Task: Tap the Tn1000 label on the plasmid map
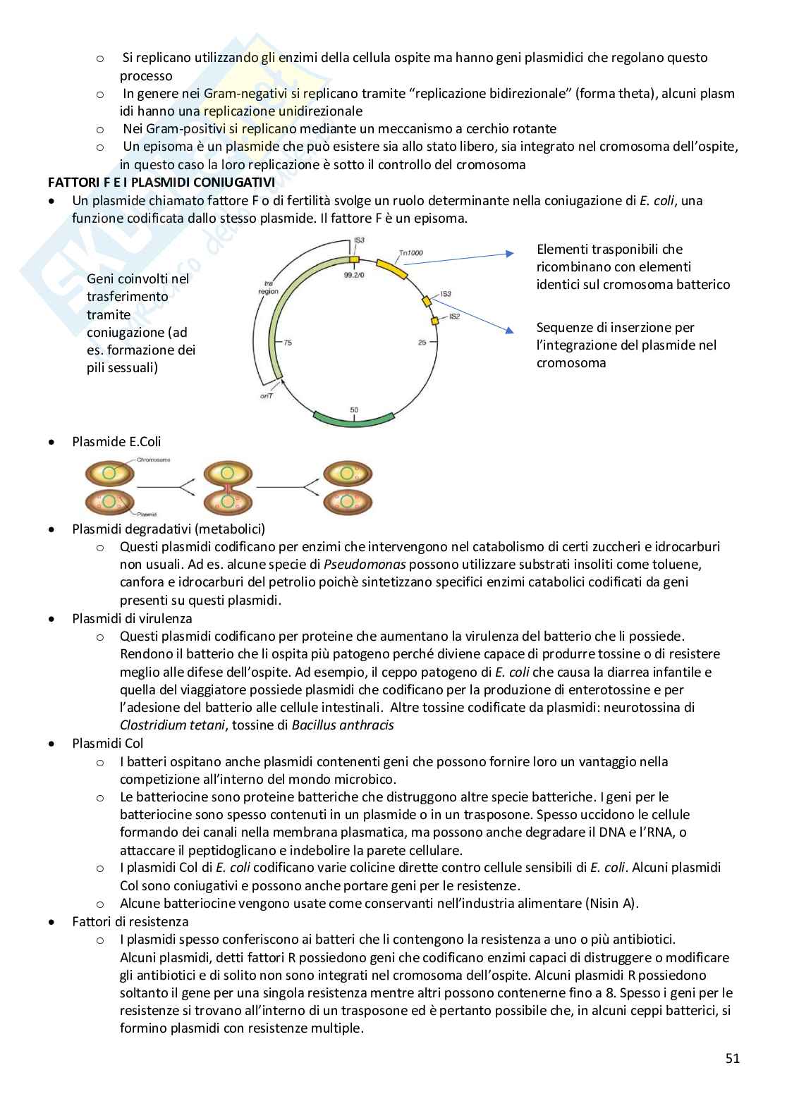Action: [x=411, y=252]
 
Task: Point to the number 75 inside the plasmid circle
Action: [x=287, y=343]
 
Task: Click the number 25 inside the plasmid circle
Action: [x=422, y=343]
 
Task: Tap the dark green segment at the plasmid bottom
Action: [x=354, y=419]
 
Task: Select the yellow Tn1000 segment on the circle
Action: [x=391, y=268]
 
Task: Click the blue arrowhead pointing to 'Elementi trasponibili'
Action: [x=510, y=254]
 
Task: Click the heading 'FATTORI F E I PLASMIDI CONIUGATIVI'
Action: [x=161, y=182]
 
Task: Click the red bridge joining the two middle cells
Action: [x=228, y=486]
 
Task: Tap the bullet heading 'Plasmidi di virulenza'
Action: [x=132, y=618]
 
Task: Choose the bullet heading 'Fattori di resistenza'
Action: [x=130, y=921]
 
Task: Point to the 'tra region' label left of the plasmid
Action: [x=267, y=288]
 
